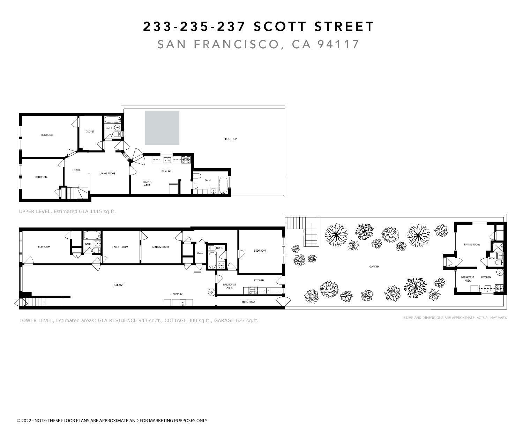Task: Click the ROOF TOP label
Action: tap(231, 139)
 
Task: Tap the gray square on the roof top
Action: tap(162, 128)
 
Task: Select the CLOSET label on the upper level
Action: tap(90, 132)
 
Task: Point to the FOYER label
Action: tap(76, 170)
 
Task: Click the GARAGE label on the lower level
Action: tap(118, 285)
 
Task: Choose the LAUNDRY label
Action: tap(177, 294)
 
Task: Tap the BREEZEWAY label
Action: tap(248, 302)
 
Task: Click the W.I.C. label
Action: tap(200, 253)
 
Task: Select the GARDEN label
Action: tap(374, 267)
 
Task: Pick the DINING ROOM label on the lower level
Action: tap(160, 247)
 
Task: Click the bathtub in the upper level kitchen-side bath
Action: tap(223, 185)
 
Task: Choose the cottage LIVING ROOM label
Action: tap(472, 245)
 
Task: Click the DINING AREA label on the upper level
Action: tap(147, 184)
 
